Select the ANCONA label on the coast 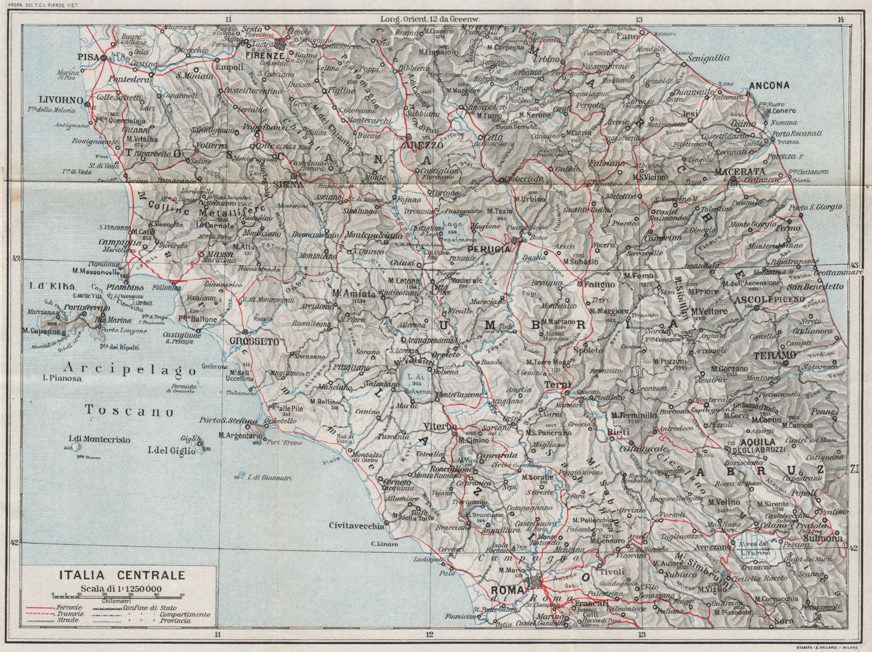(770, 85)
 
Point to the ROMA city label (507, 590)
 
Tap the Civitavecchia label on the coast (357, 526)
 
